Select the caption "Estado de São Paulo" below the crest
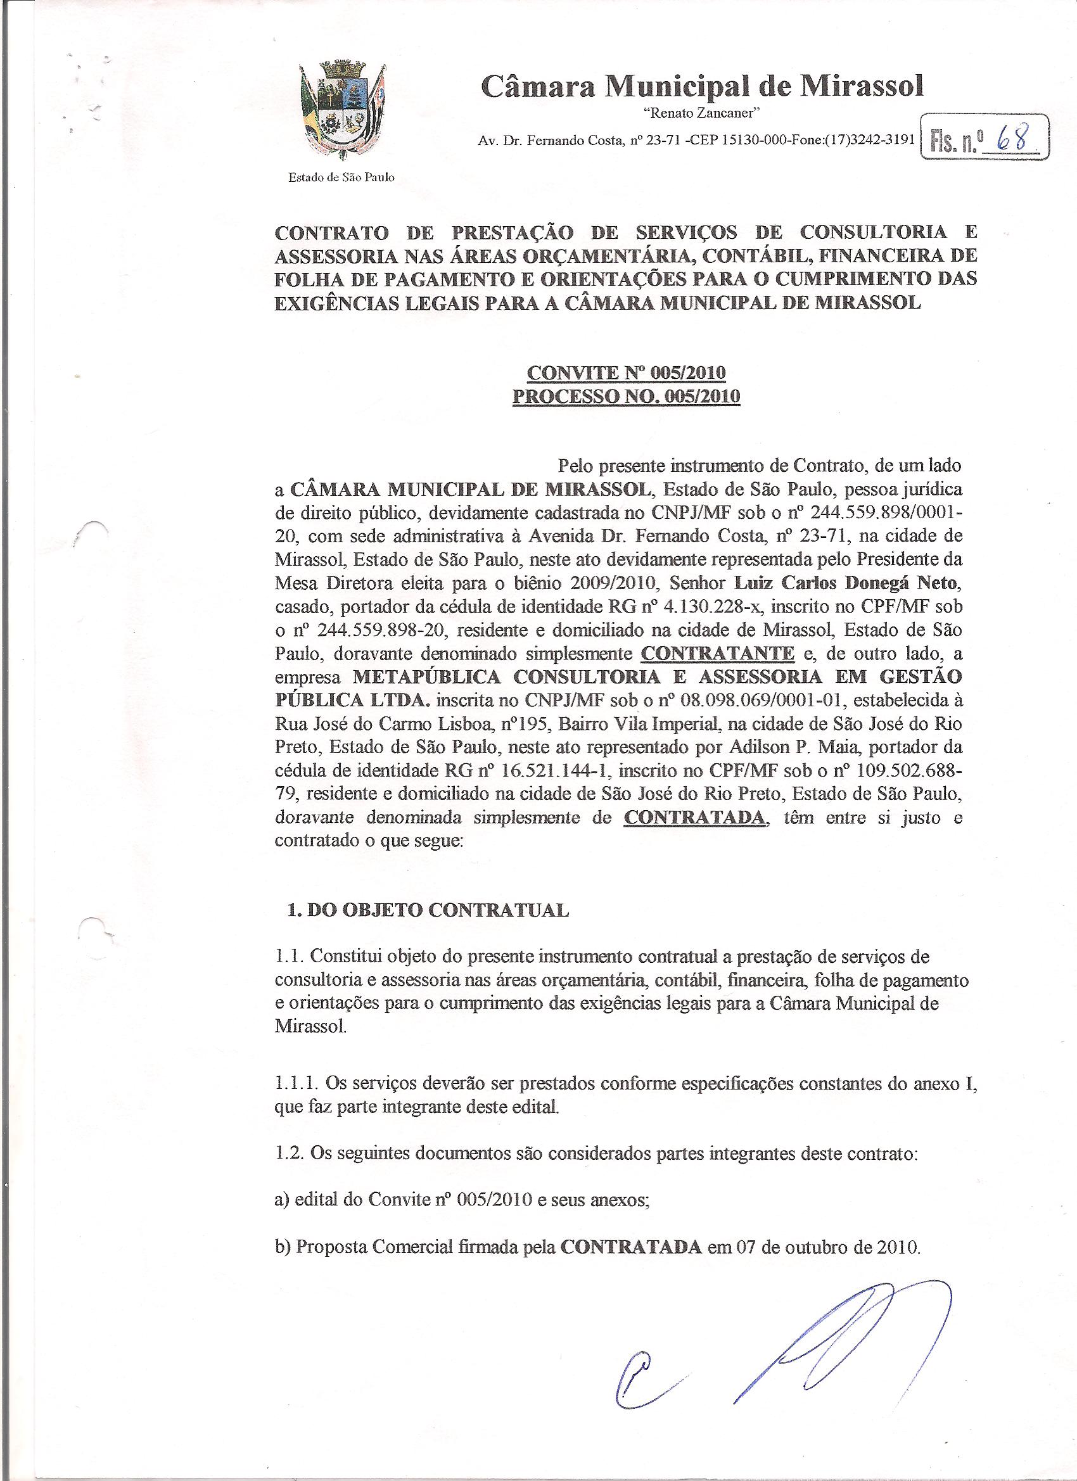(x=341, y=177)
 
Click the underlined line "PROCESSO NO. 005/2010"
(x=626, y=397)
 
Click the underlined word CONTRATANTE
(x=718, y=652)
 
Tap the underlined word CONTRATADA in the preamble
(x=694, y=817)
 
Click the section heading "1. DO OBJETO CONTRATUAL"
(x=428, y=911)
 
